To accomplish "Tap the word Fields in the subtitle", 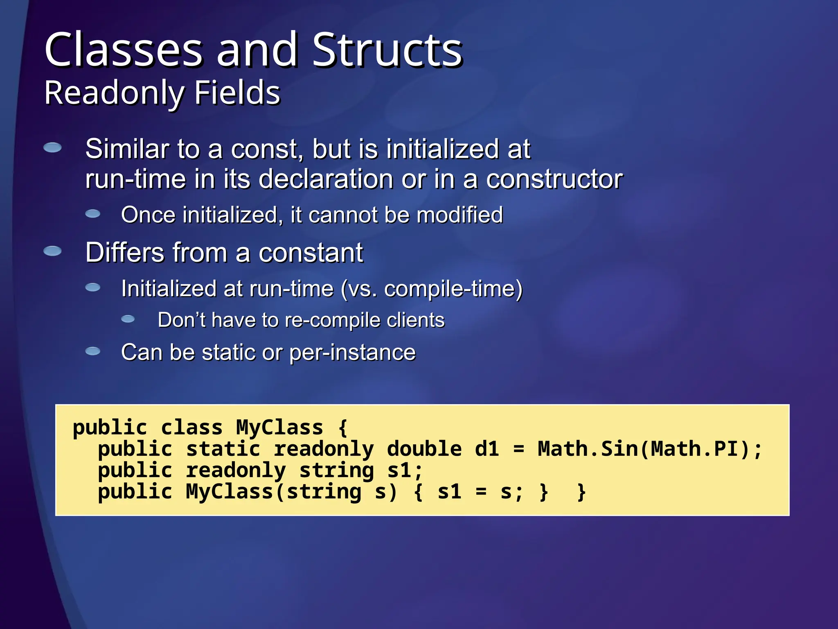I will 237,93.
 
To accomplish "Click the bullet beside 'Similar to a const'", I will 53,147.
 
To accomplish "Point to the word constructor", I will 554,179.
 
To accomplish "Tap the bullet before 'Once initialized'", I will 93,214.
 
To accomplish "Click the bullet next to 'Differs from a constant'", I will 53,251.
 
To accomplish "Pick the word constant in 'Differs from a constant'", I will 311,253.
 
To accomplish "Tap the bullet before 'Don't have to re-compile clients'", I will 128,319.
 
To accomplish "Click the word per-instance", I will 352,353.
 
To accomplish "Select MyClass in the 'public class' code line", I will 279,428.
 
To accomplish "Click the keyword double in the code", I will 424,449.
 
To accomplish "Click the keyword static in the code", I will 223,449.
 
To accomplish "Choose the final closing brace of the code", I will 581,492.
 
